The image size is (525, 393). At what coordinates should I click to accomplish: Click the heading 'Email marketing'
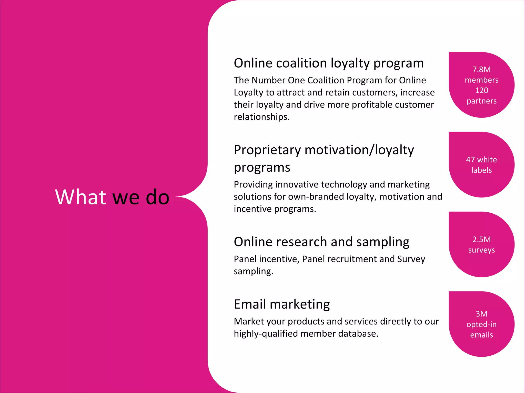click(282, 304)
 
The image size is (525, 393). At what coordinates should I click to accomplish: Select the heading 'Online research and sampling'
click(321, 242)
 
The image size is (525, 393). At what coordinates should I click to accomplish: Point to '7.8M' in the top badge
click(481, 69)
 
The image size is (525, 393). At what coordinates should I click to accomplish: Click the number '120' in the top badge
click(481, 90)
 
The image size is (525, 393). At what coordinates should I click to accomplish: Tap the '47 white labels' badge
click(481, 165)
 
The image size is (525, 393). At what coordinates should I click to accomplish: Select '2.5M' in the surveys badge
click(481, 239)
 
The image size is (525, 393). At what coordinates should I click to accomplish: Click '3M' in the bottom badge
click(481, 314)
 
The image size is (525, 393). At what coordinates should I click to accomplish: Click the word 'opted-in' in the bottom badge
click(481, 324)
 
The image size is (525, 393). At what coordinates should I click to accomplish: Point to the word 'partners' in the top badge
click(481, 101)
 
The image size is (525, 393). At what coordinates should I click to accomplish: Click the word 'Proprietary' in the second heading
click(267, 150)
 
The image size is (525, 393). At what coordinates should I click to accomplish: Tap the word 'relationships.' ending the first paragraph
click(261, 117)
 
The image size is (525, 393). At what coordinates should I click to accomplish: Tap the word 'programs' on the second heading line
click(262, 168)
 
